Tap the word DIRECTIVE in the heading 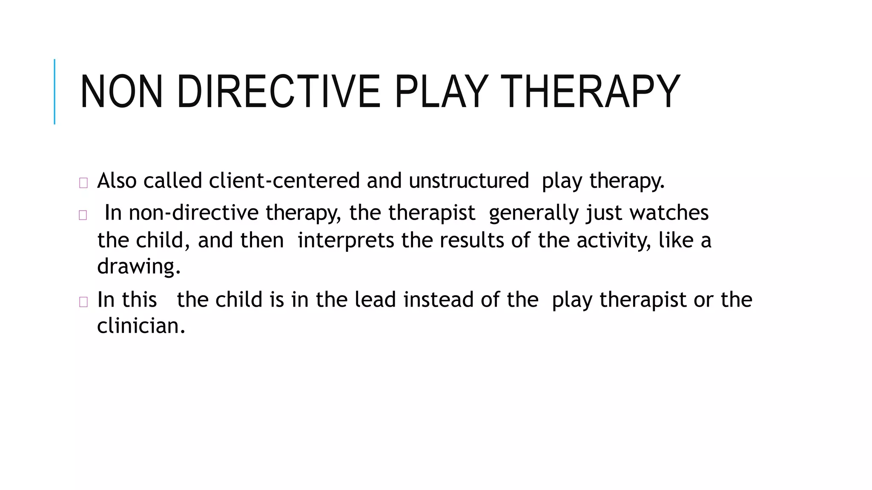[278, 92]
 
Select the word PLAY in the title [440, 92]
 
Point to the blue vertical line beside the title [54, 91]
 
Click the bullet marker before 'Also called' [83, 183]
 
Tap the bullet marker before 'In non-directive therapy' [83, 215]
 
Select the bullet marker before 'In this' [83, 302]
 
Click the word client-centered [284, 180]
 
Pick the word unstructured [469, 180]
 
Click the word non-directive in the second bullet [194, 213]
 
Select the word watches [669, 213]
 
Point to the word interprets [346, 240]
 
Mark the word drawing [139, 267]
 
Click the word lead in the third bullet [376, 299]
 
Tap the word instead [439, 299]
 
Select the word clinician [141, 326]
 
